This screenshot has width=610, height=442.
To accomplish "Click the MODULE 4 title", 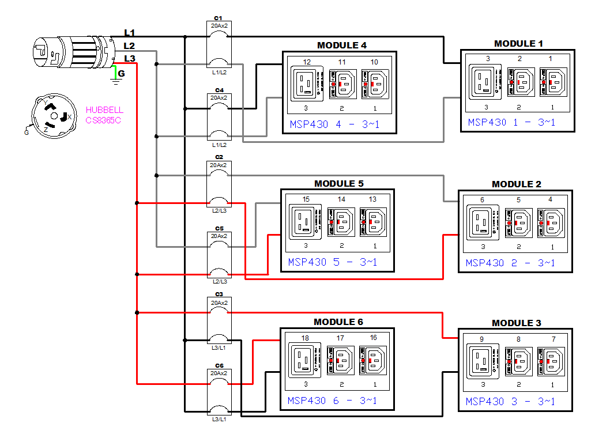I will click(x=341, y=46).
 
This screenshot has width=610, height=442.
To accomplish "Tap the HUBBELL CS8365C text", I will click(x=104, y=115).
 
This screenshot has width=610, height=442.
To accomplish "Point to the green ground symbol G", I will click(x=117, y=75).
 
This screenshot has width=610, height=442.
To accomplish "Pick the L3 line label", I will click(x=130, y=58).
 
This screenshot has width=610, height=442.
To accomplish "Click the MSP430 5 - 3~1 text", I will click(x=333, y=262).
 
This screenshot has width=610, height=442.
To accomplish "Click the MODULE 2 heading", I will click(x=516, y=184).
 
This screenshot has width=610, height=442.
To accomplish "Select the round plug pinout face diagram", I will click(x=52, y=116).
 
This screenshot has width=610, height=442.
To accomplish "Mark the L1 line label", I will click(x=130, y=33).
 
